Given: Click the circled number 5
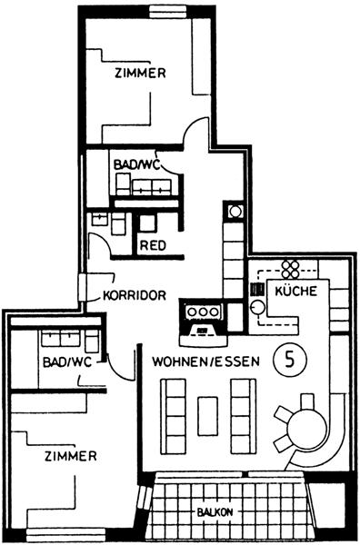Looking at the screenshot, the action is (x=290, y=360).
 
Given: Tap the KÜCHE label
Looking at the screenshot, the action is (x=296, y=291).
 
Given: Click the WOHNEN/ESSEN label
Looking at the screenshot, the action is (x=206, y=362).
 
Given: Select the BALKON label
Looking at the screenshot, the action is (x=215, y=512).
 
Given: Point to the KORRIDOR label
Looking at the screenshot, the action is (x=135, y=295).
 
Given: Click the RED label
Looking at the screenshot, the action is (x=153, y=245).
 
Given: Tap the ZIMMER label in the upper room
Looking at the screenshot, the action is (x=140, y=73).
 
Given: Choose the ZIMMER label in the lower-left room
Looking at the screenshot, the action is (x=71, y=456).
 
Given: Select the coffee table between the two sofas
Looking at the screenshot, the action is (x=207, y=416).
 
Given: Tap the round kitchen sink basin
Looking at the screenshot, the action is (x=258, y=307).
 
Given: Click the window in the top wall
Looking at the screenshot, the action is (x=166, y=12).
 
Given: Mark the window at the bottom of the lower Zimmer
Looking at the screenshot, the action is (x=65, y=534).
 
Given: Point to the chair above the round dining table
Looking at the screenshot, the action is (x=307, y=401).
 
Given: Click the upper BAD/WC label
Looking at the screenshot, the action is (x=137, y=164).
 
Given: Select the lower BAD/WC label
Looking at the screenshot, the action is (x=67, y=362).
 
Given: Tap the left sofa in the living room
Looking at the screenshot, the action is (x=173, y=416).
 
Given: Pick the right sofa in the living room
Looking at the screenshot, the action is (x=244, y=416).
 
